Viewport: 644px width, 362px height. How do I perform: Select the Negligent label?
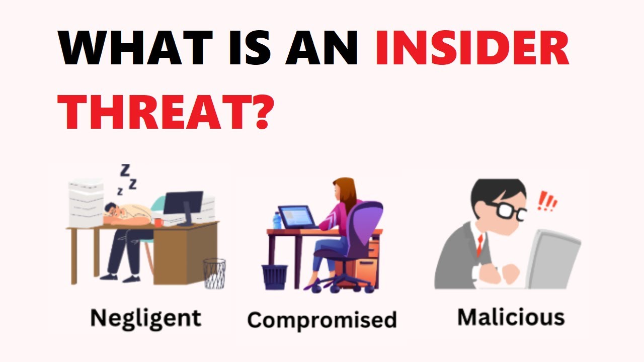click(145, 318)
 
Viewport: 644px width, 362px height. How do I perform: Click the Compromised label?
click(322, 320)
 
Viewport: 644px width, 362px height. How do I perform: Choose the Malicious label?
click(511, 317)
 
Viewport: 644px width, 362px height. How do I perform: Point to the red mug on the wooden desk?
click(159, 222)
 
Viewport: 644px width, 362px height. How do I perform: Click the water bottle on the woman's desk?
click(276, 221)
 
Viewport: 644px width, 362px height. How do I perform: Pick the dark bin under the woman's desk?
click(275, 277)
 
